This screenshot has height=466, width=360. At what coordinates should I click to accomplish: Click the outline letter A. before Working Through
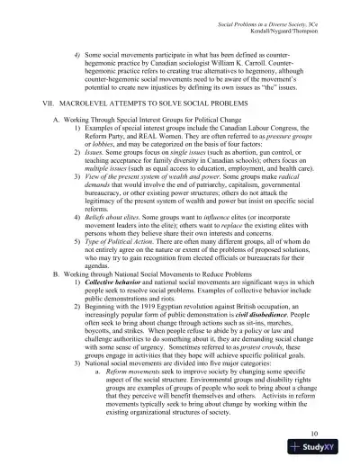[x=57, y=122]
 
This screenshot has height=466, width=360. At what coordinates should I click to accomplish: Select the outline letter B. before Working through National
[x=57, y=249]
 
